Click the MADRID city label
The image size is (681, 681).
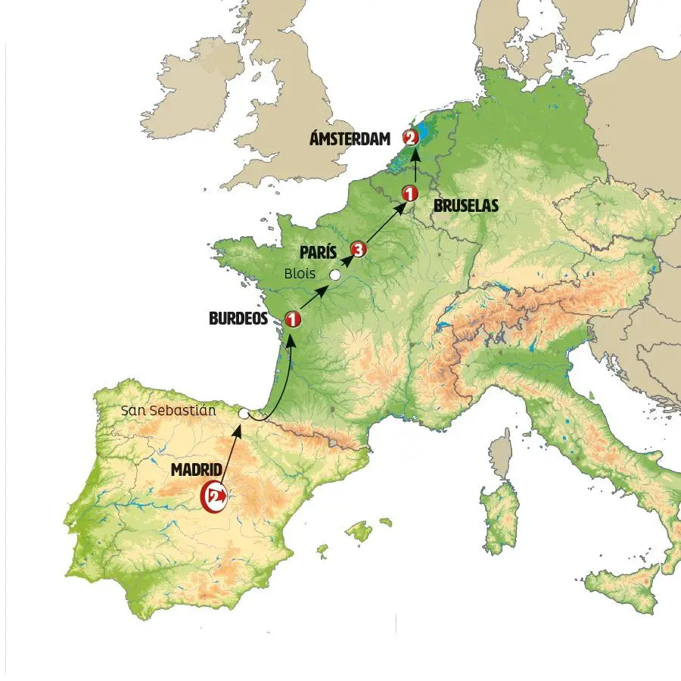click(x=197, y=470)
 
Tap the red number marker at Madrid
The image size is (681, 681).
click(x=214, y=496)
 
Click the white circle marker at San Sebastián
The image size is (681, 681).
click(x=244, y=415)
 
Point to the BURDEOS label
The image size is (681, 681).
click(x=238, y=319)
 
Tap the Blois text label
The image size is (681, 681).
click(x=300, y=273)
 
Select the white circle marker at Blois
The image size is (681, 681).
click(x=334, y=275)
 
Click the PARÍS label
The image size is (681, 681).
click(x=318, y=252)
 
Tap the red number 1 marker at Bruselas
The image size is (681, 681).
click(x=409, y=193)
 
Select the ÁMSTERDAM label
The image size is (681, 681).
click(x=350, y=138)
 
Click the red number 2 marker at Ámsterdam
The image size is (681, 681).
click(x=410, y=138)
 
